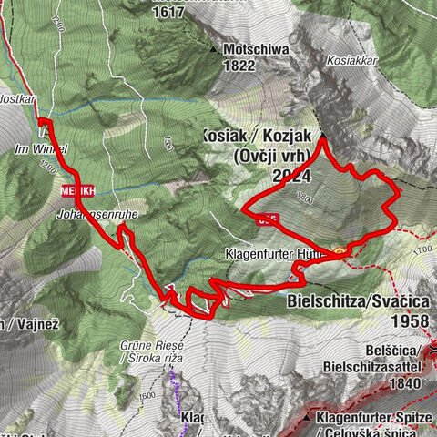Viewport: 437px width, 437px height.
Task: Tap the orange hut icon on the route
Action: tap(340, 249)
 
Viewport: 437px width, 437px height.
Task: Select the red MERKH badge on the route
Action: tap(77, 191)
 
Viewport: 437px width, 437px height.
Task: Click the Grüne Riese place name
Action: tap(152, 346)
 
